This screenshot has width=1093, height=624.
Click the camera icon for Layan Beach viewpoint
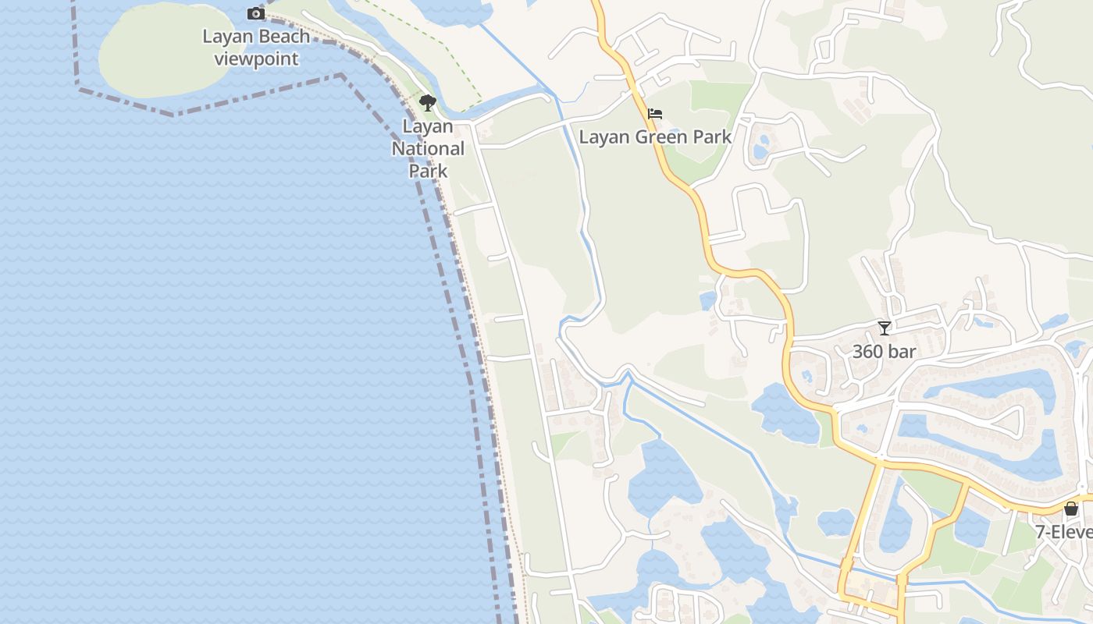255,13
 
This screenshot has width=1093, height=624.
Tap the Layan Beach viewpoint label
256,48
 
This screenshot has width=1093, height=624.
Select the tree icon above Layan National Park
427,103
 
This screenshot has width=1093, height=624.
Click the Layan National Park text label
428,148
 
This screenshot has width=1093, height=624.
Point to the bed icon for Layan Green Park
655,115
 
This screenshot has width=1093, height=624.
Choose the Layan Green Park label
655,137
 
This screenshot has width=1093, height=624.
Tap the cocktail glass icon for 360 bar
884,328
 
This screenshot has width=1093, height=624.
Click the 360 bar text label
884,352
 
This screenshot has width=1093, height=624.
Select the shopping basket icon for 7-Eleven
1071,509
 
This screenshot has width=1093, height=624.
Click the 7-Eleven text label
1063,532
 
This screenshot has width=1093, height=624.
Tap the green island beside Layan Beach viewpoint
160,51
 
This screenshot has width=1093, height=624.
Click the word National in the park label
428,148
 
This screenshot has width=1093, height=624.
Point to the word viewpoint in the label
256,58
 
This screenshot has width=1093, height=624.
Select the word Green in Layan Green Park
655,137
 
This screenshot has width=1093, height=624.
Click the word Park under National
428,171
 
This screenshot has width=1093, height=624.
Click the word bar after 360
902,352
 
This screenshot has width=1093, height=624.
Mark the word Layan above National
428,126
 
